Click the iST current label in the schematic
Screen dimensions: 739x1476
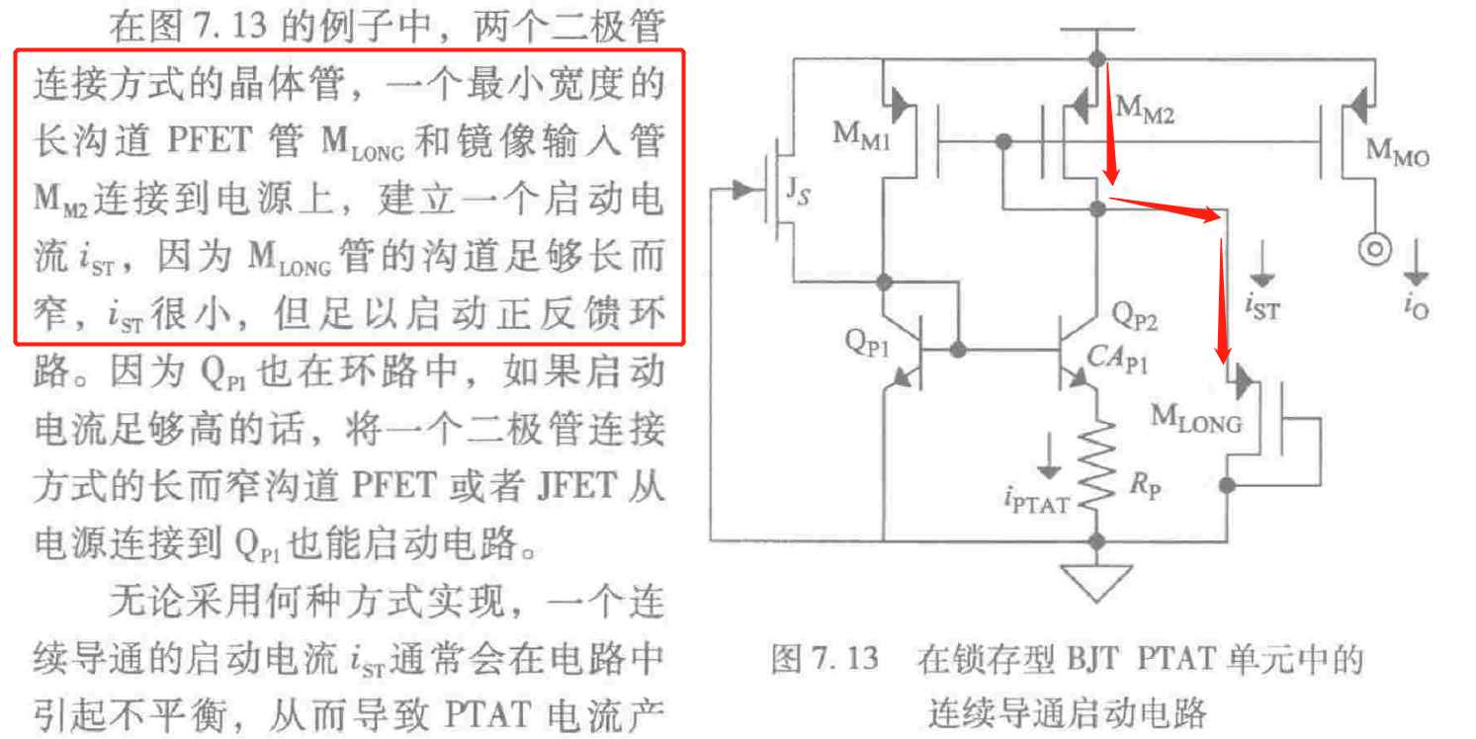click(1261, 308)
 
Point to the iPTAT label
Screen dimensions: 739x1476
click(1035, 502)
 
